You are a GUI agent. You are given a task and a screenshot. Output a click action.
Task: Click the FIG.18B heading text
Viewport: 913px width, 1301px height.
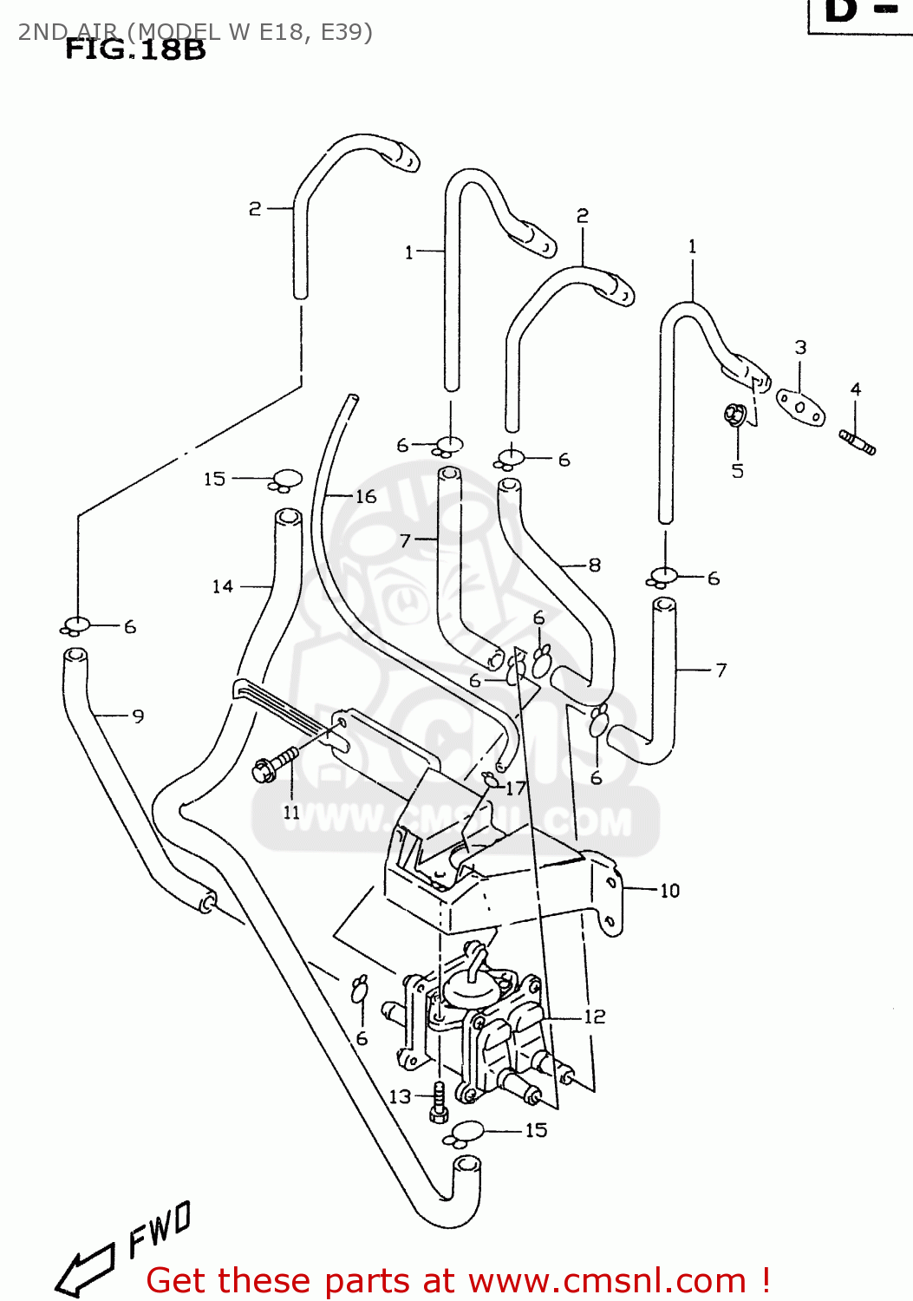click(x=135, y=49)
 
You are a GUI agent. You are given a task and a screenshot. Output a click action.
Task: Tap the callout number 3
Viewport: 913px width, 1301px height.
click(x=800, y=348)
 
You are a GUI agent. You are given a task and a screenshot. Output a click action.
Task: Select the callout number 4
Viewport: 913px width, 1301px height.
click(x=856, y=389)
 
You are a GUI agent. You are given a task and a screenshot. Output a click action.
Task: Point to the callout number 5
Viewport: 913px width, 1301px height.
click(x=737, y=471)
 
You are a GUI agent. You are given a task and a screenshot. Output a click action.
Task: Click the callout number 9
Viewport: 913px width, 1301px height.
click(x=138, y=716)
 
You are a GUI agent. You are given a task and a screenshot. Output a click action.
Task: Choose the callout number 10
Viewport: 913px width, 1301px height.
click(x=669, y=891)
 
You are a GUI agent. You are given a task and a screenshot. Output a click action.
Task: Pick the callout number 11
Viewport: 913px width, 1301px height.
click(x=291, y=813)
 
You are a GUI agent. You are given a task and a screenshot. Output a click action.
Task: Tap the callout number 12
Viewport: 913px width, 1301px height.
click(x=595, y=1017)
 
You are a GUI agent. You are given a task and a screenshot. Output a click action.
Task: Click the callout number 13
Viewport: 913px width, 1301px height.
click(x=400, y=1097)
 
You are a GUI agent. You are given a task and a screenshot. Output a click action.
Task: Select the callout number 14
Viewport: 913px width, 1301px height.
click(x=223, y=587)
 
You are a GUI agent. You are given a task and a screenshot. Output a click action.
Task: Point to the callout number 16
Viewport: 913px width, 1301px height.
click(x=366, y=497)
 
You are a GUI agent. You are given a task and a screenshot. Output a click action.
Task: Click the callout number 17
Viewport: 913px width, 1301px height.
click(x=516, y=788)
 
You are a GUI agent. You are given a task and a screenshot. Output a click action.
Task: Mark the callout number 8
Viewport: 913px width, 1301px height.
click(x=595, y=566)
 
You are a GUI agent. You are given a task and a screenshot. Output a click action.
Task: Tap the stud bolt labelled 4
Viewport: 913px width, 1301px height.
click(x=858, y=442)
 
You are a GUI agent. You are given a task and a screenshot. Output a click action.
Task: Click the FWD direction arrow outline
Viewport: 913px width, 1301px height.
click(x=85, y=1272)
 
